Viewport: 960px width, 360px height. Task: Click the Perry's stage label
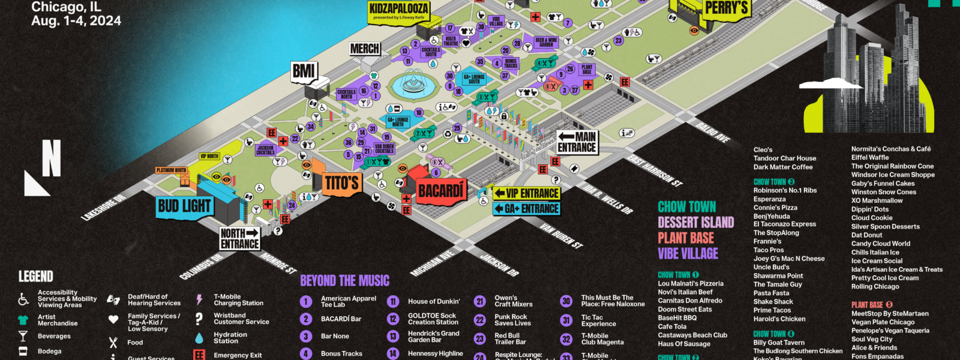pyautogui.click(x=726, y=8)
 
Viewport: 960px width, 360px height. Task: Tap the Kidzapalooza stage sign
pyautogui.click(x=398, y=10)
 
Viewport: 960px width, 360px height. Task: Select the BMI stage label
pyautogui.click(x=304, y=71)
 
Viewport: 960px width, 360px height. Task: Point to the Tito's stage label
pyautogui.click(x=341, y=183)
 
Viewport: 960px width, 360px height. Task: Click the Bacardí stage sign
pyautogui.click(x=441, y=191)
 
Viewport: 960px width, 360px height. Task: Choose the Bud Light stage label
pyautogui.click(x=184, y=206)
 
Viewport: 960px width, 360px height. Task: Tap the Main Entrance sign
pyautogui.click(x=577, y=142)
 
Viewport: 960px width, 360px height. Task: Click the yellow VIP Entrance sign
pyautogui.click(x=527, y=193)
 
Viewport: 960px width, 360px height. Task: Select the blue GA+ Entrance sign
pyautogui.click(x=527, y=209)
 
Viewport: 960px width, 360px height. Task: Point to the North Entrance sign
pyautogui.click(x=240, y=238)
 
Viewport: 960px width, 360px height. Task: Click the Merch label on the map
pyautogui.click(x=365, y=49)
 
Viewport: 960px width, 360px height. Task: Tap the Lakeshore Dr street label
pyautogui.click(x=103, y=208)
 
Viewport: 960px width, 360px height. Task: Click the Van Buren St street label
pyautogui.click(x=561, y=236)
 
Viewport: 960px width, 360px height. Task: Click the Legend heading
pyautogui.click(x=36, y=277)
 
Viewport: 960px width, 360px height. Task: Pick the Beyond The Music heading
pyautogui.click(x=344, y=281)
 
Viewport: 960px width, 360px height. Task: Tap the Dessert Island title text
pyautogui.click(x=695, y=223)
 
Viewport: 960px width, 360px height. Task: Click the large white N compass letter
pyautogui.click(x=51, y=159)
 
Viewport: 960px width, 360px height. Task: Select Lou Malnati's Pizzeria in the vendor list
pyautogui.click(x=691, y=284)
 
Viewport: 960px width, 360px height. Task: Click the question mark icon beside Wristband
pyautogui.click(x=199, y=319)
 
